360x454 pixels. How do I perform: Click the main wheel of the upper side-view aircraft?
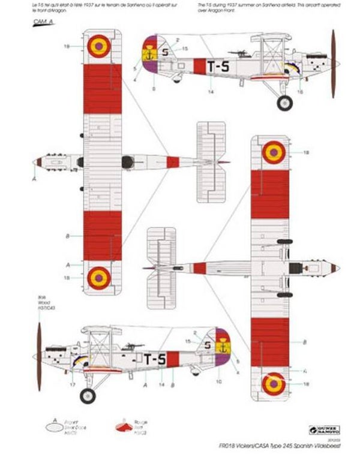[284, 103]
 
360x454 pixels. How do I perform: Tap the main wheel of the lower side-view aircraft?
[88, 395]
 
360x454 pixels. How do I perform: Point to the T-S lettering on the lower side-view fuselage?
[154, 359]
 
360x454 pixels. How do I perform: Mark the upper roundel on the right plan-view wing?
[273, 153]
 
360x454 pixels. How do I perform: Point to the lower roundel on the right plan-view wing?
[273, 381]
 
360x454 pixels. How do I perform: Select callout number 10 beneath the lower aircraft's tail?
[218, 381]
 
